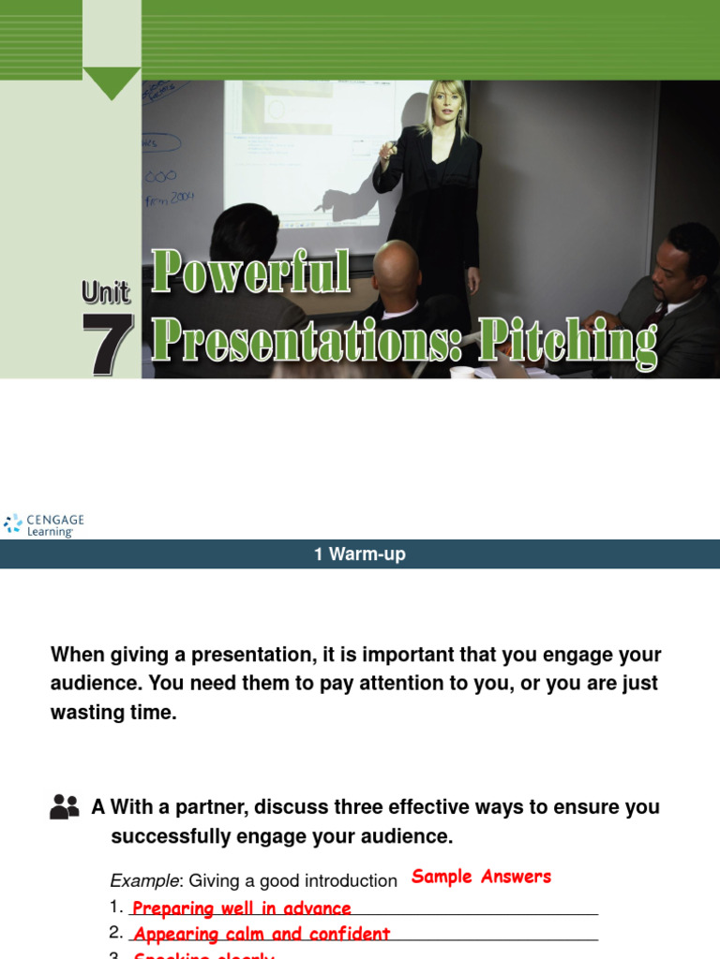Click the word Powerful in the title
[251, 273]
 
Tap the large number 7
[107, 344]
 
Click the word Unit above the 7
[105, 293]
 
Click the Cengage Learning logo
[44, 524]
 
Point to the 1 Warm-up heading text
[360, 554]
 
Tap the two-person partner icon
[65, 806]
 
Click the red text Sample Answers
[481, 877]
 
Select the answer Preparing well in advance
[242, 908]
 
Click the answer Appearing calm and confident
[262, 934]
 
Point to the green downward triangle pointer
[112, 82]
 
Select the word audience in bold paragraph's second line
[94, 684]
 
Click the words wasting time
[113, 713]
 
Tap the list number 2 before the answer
[116, 933]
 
